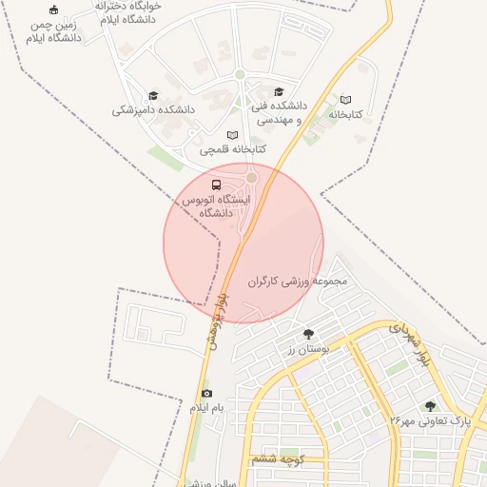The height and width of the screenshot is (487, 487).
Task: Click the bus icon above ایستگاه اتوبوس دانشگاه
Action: click(x=216, y=184)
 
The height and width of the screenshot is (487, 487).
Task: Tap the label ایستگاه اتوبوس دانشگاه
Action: click(x=216, y=206)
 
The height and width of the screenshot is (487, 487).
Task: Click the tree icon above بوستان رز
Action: click(x=308, y=334)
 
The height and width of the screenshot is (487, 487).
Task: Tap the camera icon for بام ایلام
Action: click(x=206, y=394)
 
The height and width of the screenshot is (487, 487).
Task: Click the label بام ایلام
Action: click(x=206, y=408)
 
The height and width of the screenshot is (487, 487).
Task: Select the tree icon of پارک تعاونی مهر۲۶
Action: click(x=430, y=405)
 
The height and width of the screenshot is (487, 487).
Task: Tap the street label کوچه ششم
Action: click(x=278, y=459)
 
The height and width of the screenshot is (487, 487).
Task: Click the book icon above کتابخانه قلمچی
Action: click(x=233, y=135)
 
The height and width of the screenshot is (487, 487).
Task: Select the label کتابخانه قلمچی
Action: click(x=233, y=149)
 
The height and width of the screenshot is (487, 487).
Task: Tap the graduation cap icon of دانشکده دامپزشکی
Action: click(x=153, y=96)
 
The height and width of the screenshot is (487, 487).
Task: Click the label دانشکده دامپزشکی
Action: click(x=153, y=110)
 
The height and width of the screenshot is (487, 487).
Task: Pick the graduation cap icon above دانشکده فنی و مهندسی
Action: click(x=279, y=92)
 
